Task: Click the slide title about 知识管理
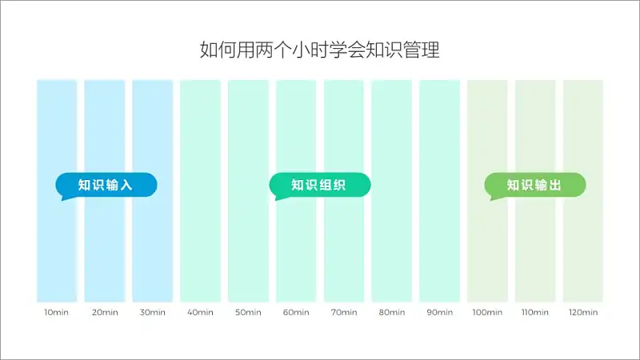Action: [x=319, y=50]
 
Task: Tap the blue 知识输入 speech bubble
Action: [x=106, y=186]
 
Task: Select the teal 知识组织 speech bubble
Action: [x=320, y=186]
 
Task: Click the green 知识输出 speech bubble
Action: [x=535, y=186]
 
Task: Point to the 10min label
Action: [x=56, y=312]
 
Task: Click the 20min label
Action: [x=105, y=312]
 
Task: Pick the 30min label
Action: [x=152, y=312]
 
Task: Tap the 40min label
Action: [x=200, y=312]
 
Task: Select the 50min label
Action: [x=248, y=312]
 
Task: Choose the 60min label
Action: [x=296, y=312]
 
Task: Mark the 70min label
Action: [x=344, y=312]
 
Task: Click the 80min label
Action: [x=392, y=312]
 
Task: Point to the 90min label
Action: [x=439, y=312]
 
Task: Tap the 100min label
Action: [x=487, y=312]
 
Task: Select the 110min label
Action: [x=535, y=312]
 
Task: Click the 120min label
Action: [x=583, y=312]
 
